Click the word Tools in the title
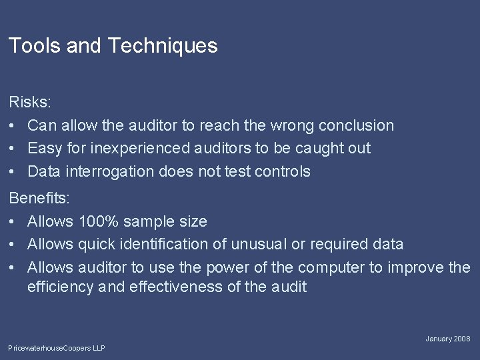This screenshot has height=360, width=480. pos(31,46)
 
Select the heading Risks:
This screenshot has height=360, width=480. pos(29,103)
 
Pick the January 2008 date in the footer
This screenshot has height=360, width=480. pos(448,339)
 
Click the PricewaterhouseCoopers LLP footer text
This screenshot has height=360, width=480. pos(57,348)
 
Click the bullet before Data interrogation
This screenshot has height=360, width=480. pos(13,171)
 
